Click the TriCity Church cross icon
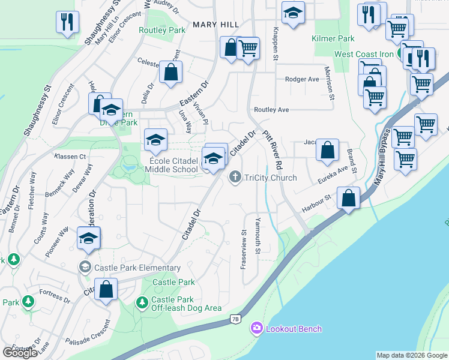[235, 177]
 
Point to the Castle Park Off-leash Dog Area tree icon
[142, 304]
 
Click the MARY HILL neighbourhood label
[215, 24]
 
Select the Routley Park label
[162, 29]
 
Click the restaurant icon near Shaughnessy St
[67, 22]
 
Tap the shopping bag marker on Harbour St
[348, 198]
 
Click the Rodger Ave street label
[302, 79]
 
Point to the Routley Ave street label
[271, 110]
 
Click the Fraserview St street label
[243, 249]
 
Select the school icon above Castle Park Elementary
[88, 238]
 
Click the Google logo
[20, 352]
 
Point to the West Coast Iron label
[364, 54]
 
